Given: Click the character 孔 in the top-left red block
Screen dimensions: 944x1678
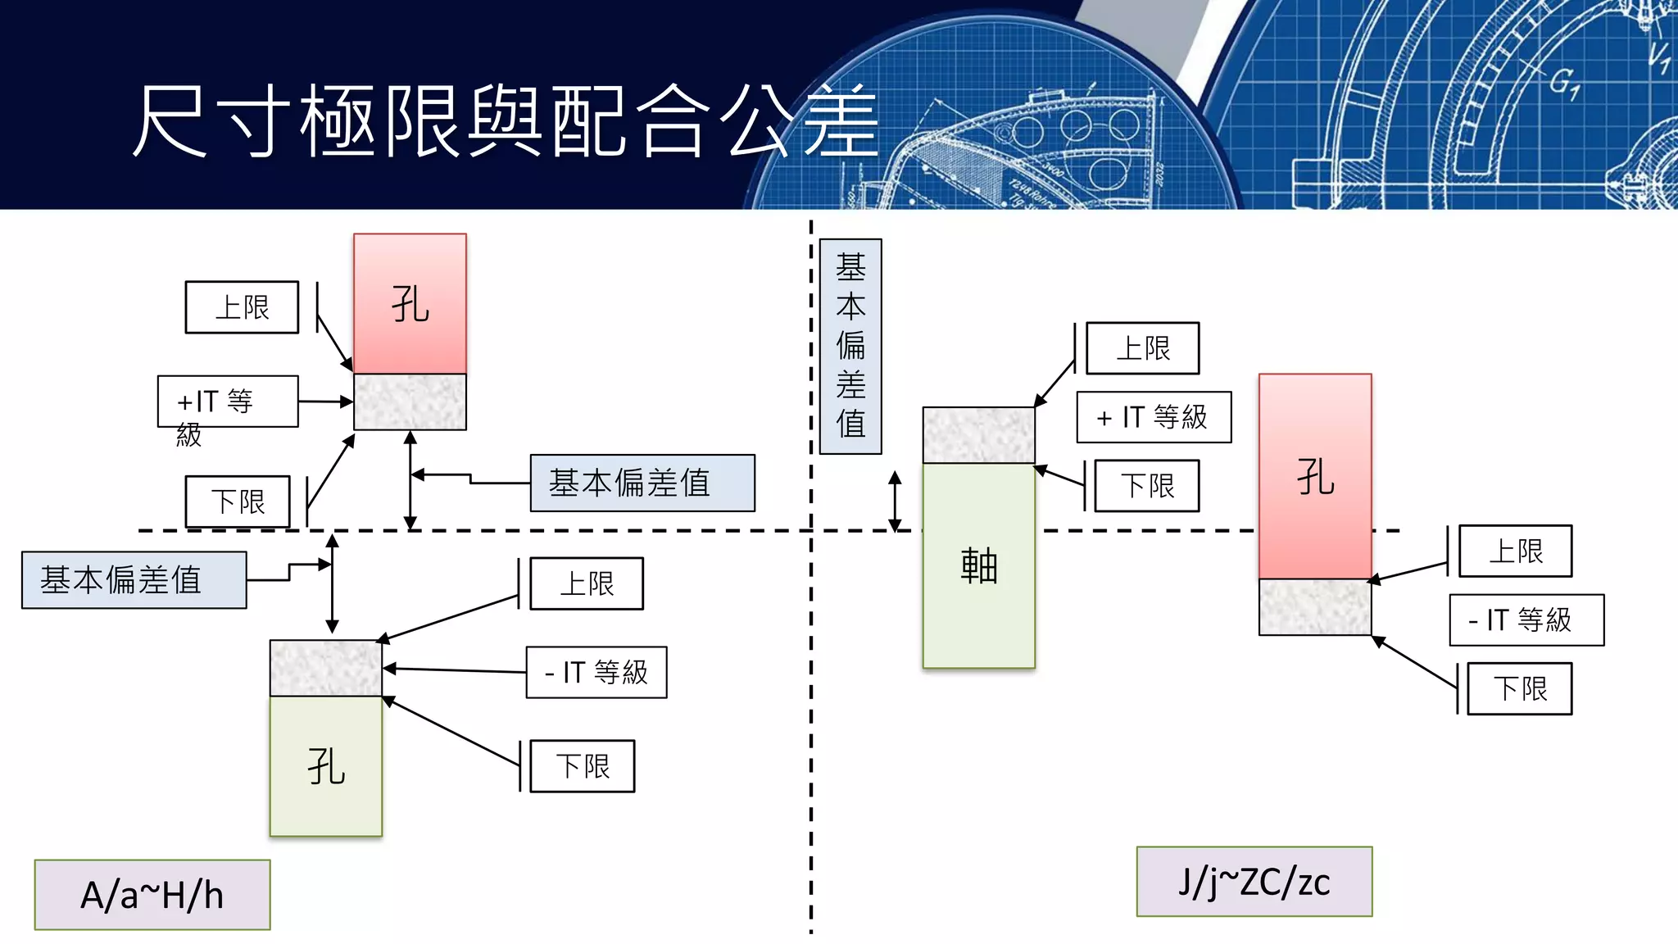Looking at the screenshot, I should pos(410,305).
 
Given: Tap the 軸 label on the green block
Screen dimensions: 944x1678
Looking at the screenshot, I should pos(979,565).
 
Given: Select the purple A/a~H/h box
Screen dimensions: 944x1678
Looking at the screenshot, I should pos(152,895).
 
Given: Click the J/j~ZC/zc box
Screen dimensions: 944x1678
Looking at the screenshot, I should pos(1254,882).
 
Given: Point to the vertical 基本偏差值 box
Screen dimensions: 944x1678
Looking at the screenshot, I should pos(850,346).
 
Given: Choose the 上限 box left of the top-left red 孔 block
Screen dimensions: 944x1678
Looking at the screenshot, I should pos(242,307).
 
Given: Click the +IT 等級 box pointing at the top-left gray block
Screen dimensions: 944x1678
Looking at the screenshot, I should pos(228,402).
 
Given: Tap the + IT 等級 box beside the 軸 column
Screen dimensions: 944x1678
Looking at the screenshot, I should pos(1154,417).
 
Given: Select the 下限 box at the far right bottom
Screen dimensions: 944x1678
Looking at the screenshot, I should pos(1520,688).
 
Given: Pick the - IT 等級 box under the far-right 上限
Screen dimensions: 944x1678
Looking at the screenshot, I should pos(1526,620).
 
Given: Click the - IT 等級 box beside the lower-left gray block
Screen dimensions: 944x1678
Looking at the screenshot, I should pos(596,673).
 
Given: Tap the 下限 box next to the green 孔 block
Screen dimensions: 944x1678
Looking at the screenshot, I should pos(583,766).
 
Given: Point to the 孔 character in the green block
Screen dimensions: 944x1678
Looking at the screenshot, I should pos(326,767).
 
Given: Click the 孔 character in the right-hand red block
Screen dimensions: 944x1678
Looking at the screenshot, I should pos(1315,477).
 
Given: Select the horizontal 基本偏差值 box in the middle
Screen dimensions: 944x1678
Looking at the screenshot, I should pos(642,483).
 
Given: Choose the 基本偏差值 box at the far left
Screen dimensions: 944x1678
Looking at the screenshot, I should pos(134,580).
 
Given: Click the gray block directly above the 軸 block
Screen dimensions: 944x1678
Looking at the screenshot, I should pos(979,435).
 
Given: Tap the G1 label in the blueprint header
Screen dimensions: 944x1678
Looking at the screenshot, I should pos(1563,83).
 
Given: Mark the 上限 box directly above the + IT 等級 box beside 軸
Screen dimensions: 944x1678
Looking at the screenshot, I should pos(1143,348).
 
